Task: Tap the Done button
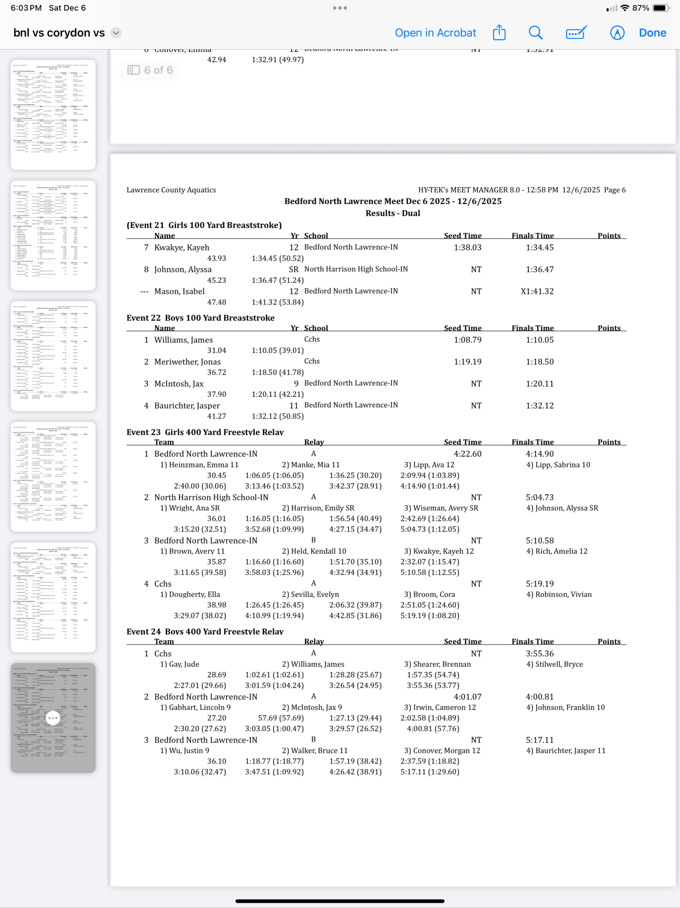(652, 33)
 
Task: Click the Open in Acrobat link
(435, 33)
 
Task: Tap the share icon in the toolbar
(499, 33)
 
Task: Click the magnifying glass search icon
(535, 33)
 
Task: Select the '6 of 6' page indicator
(150, 70)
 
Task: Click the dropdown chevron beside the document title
(116, 33)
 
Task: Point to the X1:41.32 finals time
(537, 291)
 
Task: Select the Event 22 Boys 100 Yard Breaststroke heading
(200, 318)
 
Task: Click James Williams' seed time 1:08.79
(467, 340)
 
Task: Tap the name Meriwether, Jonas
(187, 362)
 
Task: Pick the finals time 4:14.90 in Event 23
(540, 454)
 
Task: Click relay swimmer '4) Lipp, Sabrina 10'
(558, 465)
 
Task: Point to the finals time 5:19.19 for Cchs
(540, 584)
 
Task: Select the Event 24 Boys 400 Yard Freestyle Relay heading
(205, 632)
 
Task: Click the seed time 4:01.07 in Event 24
(467, 697)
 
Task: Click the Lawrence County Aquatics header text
(171, 190)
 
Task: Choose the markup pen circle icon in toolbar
(617, 33)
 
